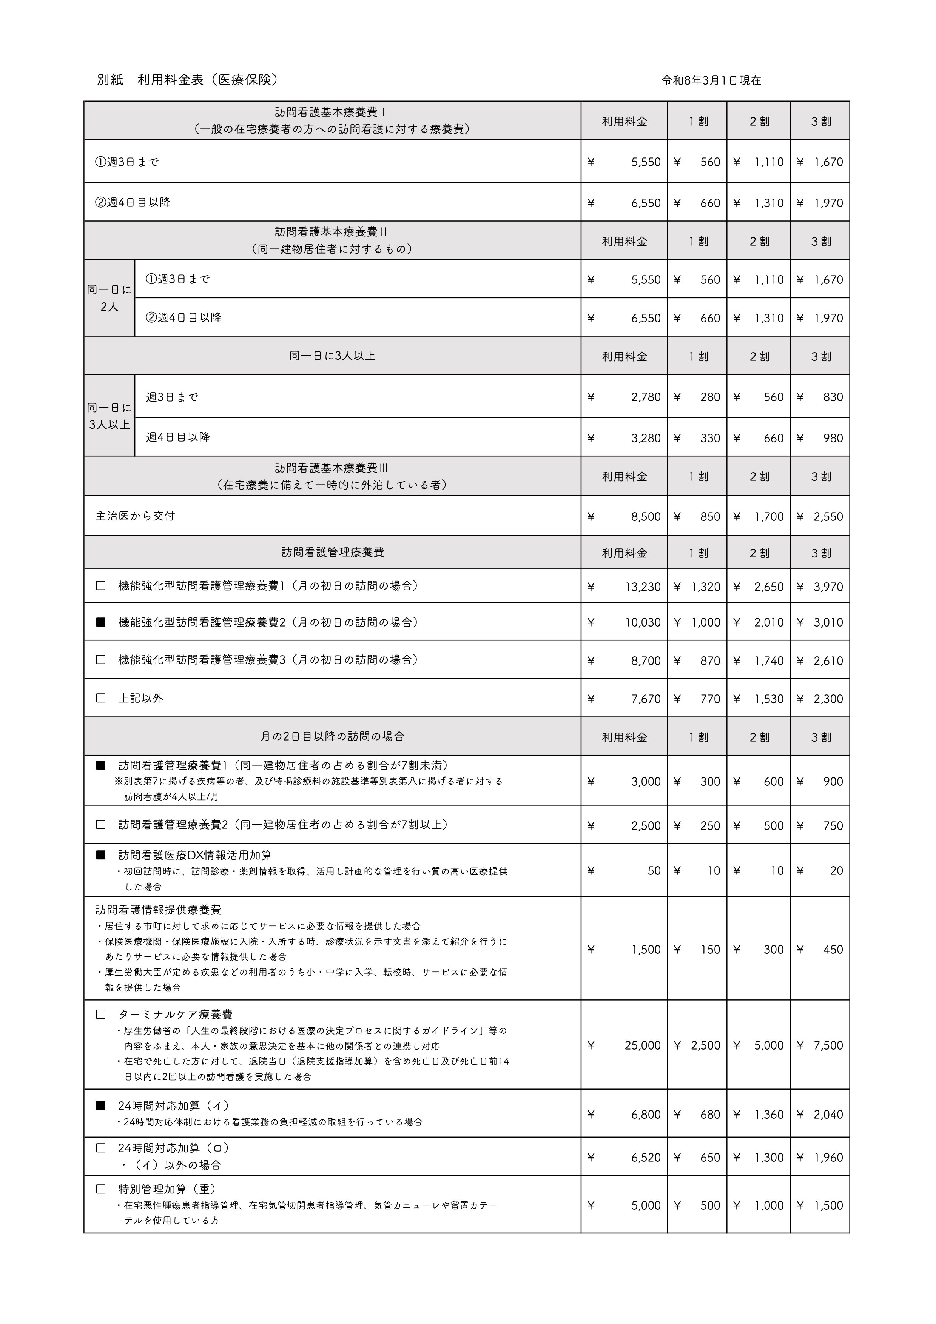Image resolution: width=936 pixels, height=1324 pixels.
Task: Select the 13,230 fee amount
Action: point(643,587)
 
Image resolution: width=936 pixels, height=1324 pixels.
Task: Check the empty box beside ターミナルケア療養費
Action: point(101,1015)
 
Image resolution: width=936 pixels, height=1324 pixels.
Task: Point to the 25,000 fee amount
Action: point(643,1045)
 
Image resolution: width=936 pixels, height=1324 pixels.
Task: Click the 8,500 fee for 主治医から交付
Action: point(646,517)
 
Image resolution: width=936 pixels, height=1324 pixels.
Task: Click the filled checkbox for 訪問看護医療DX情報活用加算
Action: point(101,855)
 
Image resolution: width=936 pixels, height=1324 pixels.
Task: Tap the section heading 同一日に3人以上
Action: point(332,356)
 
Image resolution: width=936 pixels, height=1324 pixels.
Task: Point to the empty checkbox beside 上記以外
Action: point(101,698)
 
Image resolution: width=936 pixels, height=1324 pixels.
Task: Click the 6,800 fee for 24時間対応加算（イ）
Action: point(646,1115)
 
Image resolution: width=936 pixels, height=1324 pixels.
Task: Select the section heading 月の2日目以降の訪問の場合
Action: point(332,736)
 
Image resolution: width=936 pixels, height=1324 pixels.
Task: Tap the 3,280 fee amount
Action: point(646,438)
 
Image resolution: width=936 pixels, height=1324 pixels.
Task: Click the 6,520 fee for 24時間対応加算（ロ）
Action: point(646,1157)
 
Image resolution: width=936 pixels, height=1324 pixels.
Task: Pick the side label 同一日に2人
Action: point(109,298)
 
